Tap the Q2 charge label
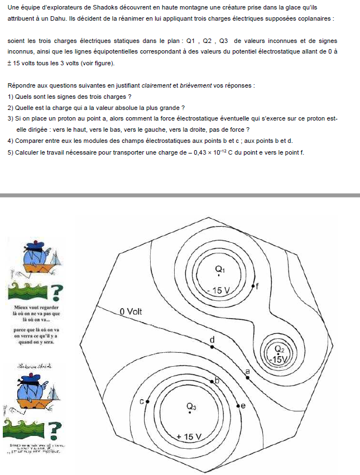[280, 350]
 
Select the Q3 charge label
[191, 406]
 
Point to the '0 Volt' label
[131, 311]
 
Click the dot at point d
[212, 347]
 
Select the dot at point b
[212, 381]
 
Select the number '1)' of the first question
[11, 96]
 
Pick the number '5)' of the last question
[11, 152]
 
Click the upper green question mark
[56, 291]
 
